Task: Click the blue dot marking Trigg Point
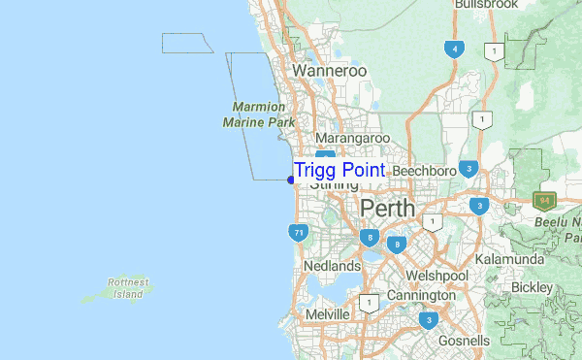tap(291, 179)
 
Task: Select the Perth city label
tap(387, 209)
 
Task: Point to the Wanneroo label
tap(329, 72)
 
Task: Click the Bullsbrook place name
tap(483, 5)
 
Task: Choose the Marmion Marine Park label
tap(258, 115)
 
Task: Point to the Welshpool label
tap(437, 276)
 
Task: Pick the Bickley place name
tap(531, 288)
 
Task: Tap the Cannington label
tap(420, 295)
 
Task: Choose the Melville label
tap(327, 315)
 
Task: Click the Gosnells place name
tap(464, 342)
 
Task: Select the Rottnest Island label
tap(128, 287)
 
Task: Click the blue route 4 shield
tap(453, 49)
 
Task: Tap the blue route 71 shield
tap(299, 233)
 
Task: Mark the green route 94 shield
tap(542, 201)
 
